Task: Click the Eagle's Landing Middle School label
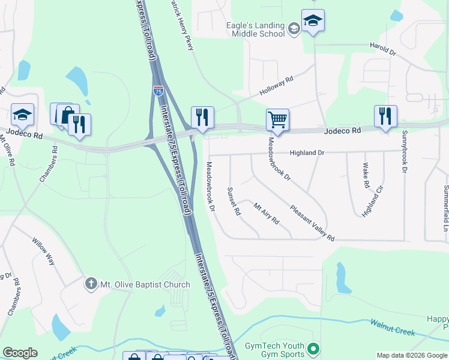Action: tap(255, 29)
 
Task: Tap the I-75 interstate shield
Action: tap(158, 91)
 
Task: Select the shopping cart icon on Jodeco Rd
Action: tap(277, 119)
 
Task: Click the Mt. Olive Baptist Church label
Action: tap(145, 284)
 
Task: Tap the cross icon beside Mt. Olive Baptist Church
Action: tap(91, 283)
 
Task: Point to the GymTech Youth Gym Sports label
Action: tap(275, 350)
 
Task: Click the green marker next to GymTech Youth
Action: tap(313, 349)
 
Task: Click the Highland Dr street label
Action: tap(307, 153)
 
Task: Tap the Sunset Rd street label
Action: tap(234, 201)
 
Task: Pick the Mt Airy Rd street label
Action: tap(267, 213)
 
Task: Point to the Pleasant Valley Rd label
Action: tap(312, 224)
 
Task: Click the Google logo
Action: tap(20, 353)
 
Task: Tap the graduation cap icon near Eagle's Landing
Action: tap(313, 20)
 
